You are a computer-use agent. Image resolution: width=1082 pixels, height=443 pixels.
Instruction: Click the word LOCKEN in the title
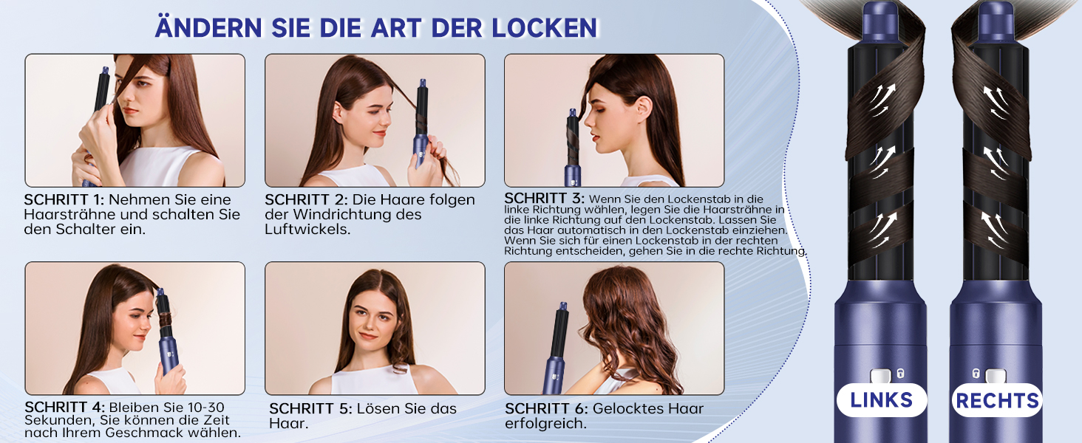coord(545,27)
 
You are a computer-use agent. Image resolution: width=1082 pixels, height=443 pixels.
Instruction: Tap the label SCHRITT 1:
coord(64,199)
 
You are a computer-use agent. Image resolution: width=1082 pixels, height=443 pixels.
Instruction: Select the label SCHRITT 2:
coord(306,199)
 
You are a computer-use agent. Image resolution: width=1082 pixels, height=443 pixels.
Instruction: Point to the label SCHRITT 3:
coord(545,198)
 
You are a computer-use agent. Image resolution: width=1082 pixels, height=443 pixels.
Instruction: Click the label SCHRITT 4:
coord(65,407)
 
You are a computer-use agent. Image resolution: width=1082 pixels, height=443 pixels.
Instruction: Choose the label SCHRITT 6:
coord(546,408)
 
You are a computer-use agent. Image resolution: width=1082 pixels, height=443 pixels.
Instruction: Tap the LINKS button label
coord(882,400)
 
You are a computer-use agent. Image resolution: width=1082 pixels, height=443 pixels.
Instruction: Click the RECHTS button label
coord(997,400)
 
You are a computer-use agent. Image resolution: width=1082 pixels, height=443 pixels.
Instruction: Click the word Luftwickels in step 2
coord(307,229)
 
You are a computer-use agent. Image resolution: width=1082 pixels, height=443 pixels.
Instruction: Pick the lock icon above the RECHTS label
coord(976,374)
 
